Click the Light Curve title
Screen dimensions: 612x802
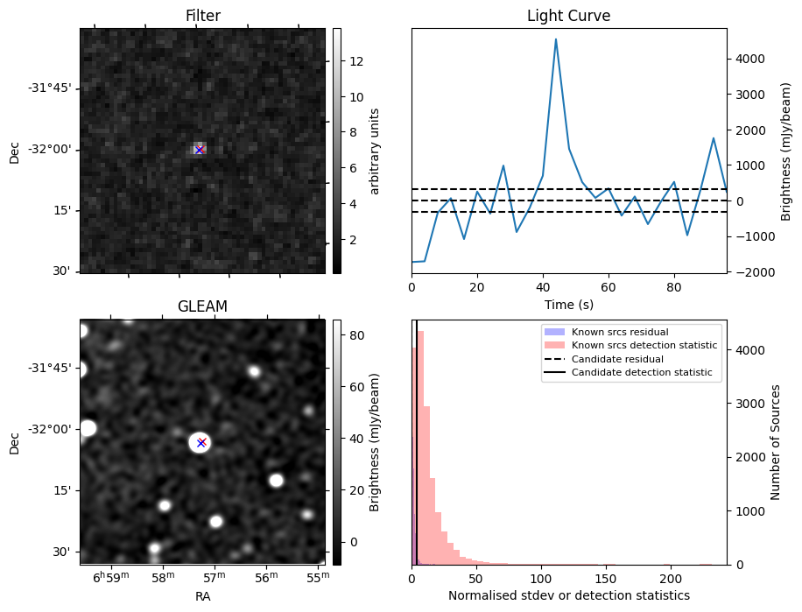(x=568, y=16)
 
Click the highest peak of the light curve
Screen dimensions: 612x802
(x=556, y=39)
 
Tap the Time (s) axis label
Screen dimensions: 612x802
(x=568, y=304)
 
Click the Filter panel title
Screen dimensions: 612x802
(x=202, y=16)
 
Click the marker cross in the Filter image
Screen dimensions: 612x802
(x=200, y=150)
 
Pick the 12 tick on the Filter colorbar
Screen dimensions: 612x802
(x=357, y=61)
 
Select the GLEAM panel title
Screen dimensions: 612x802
(x=202, y=306)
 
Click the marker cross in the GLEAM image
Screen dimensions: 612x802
(x=201, y=442)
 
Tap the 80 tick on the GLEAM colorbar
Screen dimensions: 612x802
(x=357, y=335)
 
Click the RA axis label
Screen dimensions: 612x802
(x=202, y=596)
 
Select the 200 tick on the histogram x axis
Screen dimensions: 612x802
(x=672, y=578)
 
